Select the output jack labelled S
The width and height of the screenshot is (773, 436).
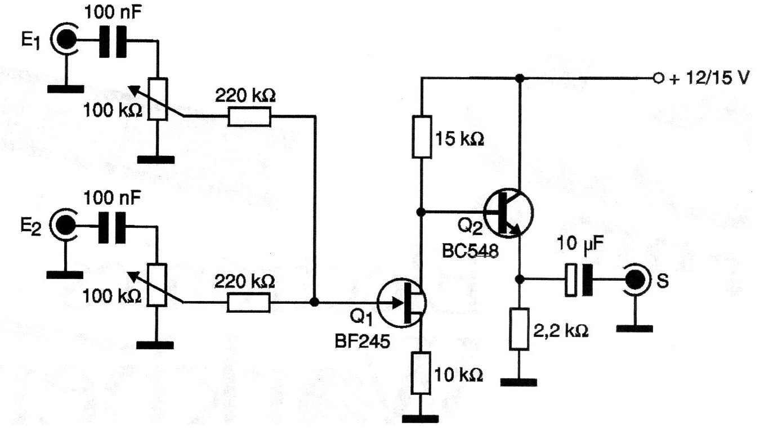pos(636,280)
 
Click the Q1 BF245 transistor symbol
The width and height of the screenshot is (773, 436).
pos(401,303)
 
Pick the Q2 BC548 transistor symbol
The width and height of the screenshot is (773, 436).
pos(508,213)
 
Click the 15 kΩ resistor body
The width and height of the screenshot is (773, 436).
pos(422,137)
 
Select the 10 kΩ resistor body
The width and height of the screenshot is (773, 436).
pos(421,373)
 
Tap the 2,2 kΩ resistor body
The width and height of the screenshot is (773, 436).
pos(519,329)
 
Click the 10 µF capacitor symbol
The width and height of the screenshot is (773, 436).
pos(579,280)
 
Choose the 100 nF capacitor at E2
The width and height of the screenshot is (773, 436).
pos(112,228)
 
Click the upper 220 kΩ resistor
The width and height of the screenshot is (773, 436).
pos(249,117)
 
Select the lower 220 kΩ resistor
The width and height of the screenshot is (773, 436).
pos(248,303)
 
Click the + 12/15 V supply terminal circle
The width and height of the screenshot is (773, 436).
pos(658,78)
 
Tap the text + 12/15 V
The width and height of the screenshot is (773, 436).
pos(709,78)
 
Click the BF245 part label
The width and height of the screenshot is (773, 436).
pos(363,341)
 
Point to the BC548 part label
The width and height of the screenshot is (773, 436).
pos(470,251)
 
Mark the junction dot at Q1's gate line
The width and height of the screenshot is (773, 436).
pos(314,303)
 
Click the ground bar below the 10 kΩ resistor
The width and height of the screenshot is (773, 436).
pos(421,419)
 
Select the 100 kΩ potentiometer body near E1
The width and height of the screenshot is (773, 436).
pos(158,99)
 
